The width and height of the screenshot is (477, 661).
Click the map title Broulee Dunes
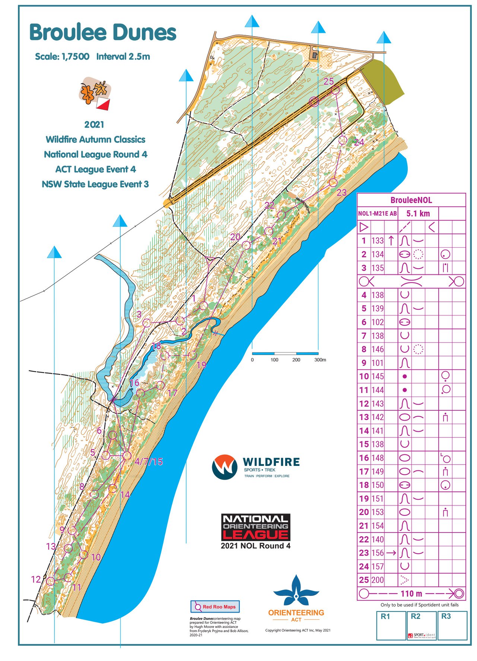(x=102, y=33)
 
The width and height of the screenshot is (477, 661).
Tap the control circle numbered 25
(x=335, y=90)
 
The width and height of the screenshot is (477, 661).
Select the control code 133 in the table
(x=377, y=241)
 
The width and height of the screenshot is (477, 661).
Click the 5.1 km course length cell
(x=418, y=213)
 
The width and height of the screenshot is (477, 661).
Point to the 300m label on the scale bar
(x=320, y=360)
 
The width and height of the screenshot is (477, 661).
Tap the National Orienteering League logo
(x=255, y=527)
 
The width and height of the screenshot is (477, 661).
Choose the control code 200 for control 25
(x=377, y=580)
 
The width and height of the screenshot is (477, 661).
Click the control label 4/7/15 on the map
(x=149, y=461)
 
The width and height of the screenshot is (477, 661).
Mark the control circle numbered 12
(x=51, y=581)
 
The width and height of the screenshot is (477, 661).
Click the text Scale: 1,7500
(x=62, y=57)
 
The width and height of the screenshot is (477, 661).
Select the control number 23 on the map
(x=341, y=193)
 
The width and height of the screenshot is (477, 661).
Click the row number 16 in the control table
(x=364, y=458)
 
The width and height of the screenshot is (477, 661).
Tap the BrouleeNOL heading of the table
(x=411, y=200)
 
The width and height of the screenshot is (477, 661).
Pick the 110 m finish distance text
(x=411, y=593)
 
